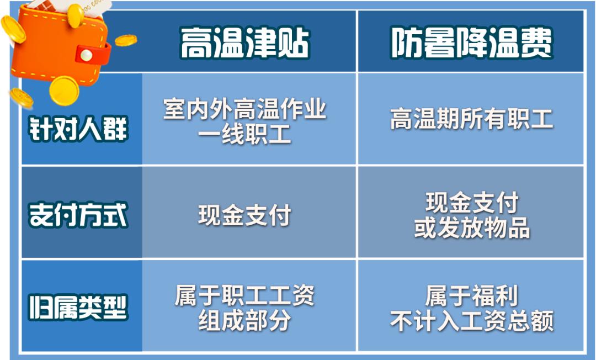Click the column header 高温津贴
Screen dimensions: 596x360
tap(245, 42)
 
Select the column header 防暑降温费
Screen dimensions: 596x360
tap(471, 42)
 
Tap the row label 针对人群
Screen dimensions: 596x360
tap(78, 129)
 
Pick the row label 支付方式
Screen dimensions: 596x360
tap(78, 215)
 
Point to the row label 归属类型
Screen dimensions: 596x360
tap(78, 307)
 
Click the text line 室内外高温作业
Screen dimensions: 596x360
tap(245, 109)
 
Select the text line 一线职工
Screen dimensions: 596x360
tap(245, 134)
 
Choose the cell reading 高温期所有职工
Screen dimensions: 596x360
tap(471, 119)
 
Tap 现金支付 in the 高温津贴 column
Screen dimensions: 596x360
tap(245, 215)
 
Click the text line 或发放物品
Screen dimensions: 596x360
tap(472, 227)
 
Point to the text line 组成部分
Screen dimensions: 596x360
tap(245, 320)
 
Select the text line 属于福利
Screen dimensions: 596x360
tap(472, 296)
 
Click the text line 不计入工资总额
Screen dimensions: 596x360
tap(472, 321)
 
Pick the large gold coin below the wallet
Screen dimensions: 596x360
tap(64, 91)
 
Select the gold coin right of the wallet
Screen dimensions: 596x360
tap(125, 40)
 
